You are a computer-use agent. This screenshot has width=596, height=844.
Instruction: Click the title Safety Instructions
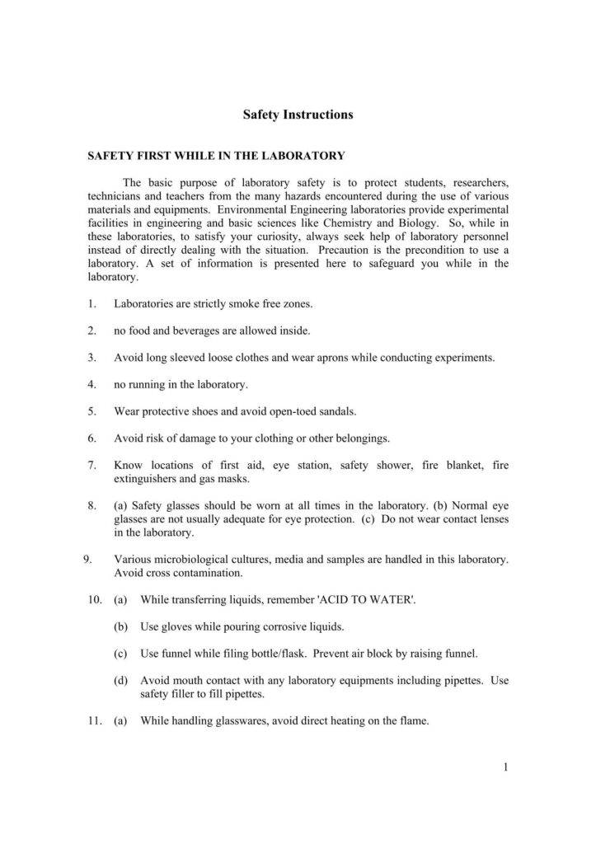click(298, 115)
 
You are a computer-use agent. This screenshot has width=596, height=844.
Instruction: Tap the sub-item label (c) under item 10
click(120, 654)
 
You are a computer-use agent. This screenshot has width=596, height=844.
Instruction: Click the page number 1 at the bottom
click(504, 769)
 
